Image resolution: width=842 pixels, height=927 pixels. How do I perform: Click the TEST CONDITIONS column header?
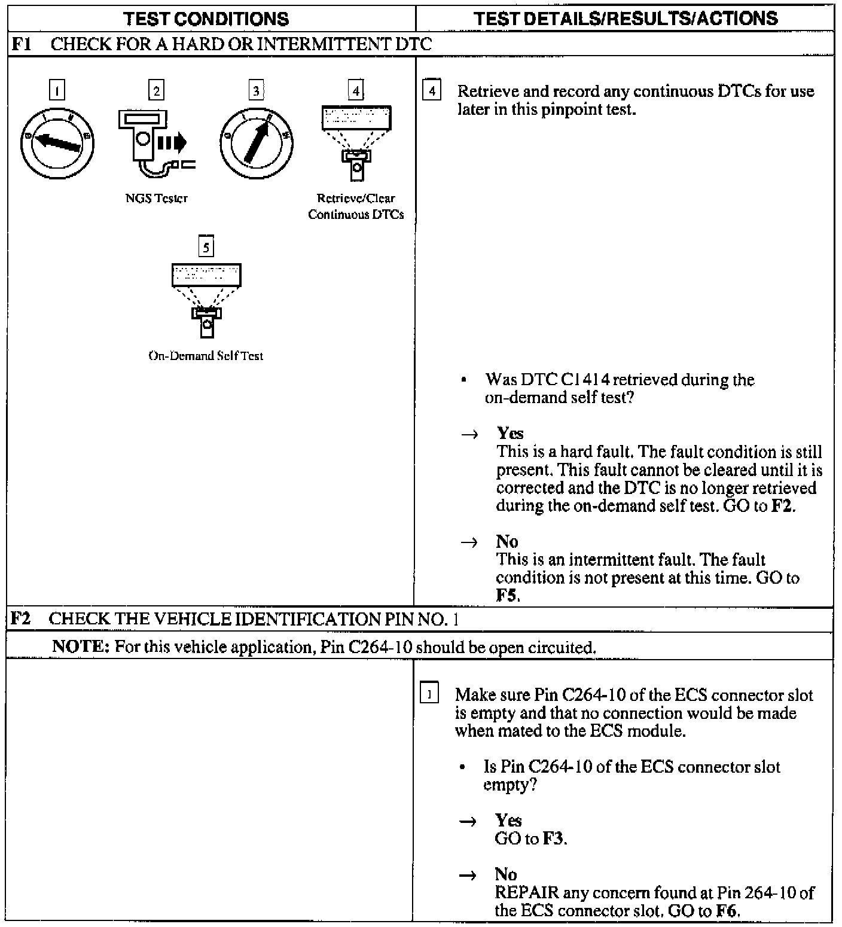pos(206,19)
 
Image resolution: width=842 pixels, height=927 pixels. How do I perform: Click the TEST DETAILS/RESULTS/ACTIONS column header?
pos(626,19)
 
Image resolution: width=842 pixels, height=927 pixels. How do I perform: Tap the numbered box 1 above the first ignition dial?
pos(57,91)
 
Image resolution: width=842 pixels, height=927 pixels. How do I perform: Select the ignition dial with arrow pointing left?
pos(57,142)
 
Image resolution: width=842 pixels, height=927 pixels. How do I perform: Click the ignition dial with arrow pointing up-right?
pos(256,142)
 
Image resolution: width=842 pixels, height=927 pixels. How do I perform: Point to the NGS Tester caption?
pos(157,199)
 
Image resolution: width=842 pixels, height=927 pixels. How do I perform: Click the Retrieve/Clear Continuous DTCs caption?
pos(356,206)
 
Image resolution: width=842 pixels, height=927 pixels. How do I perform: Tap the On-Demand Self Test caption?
pos(206,356)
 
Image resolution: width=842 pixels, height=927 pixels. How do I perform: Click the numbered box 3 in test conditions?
pos(256,91)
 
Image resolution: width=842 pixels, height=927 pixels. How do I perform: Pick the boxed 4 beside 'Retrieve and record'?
pos(431,92)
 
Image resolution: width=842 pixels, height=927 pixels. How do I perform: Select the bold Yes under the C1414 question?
pos(510,434)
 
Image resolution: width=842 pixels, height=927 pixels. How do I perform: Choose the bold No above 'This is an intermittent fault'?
pos(507,541)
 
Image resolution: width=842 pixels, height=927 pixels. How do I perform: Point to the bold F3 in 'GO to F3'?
pos(553,838)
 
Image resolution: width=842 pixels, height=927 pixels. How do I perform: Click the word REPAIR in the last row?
pos(527,893)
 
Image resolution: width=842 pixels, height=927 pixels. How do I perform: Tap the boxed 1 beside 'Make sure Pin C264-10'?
pos(429,695)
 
